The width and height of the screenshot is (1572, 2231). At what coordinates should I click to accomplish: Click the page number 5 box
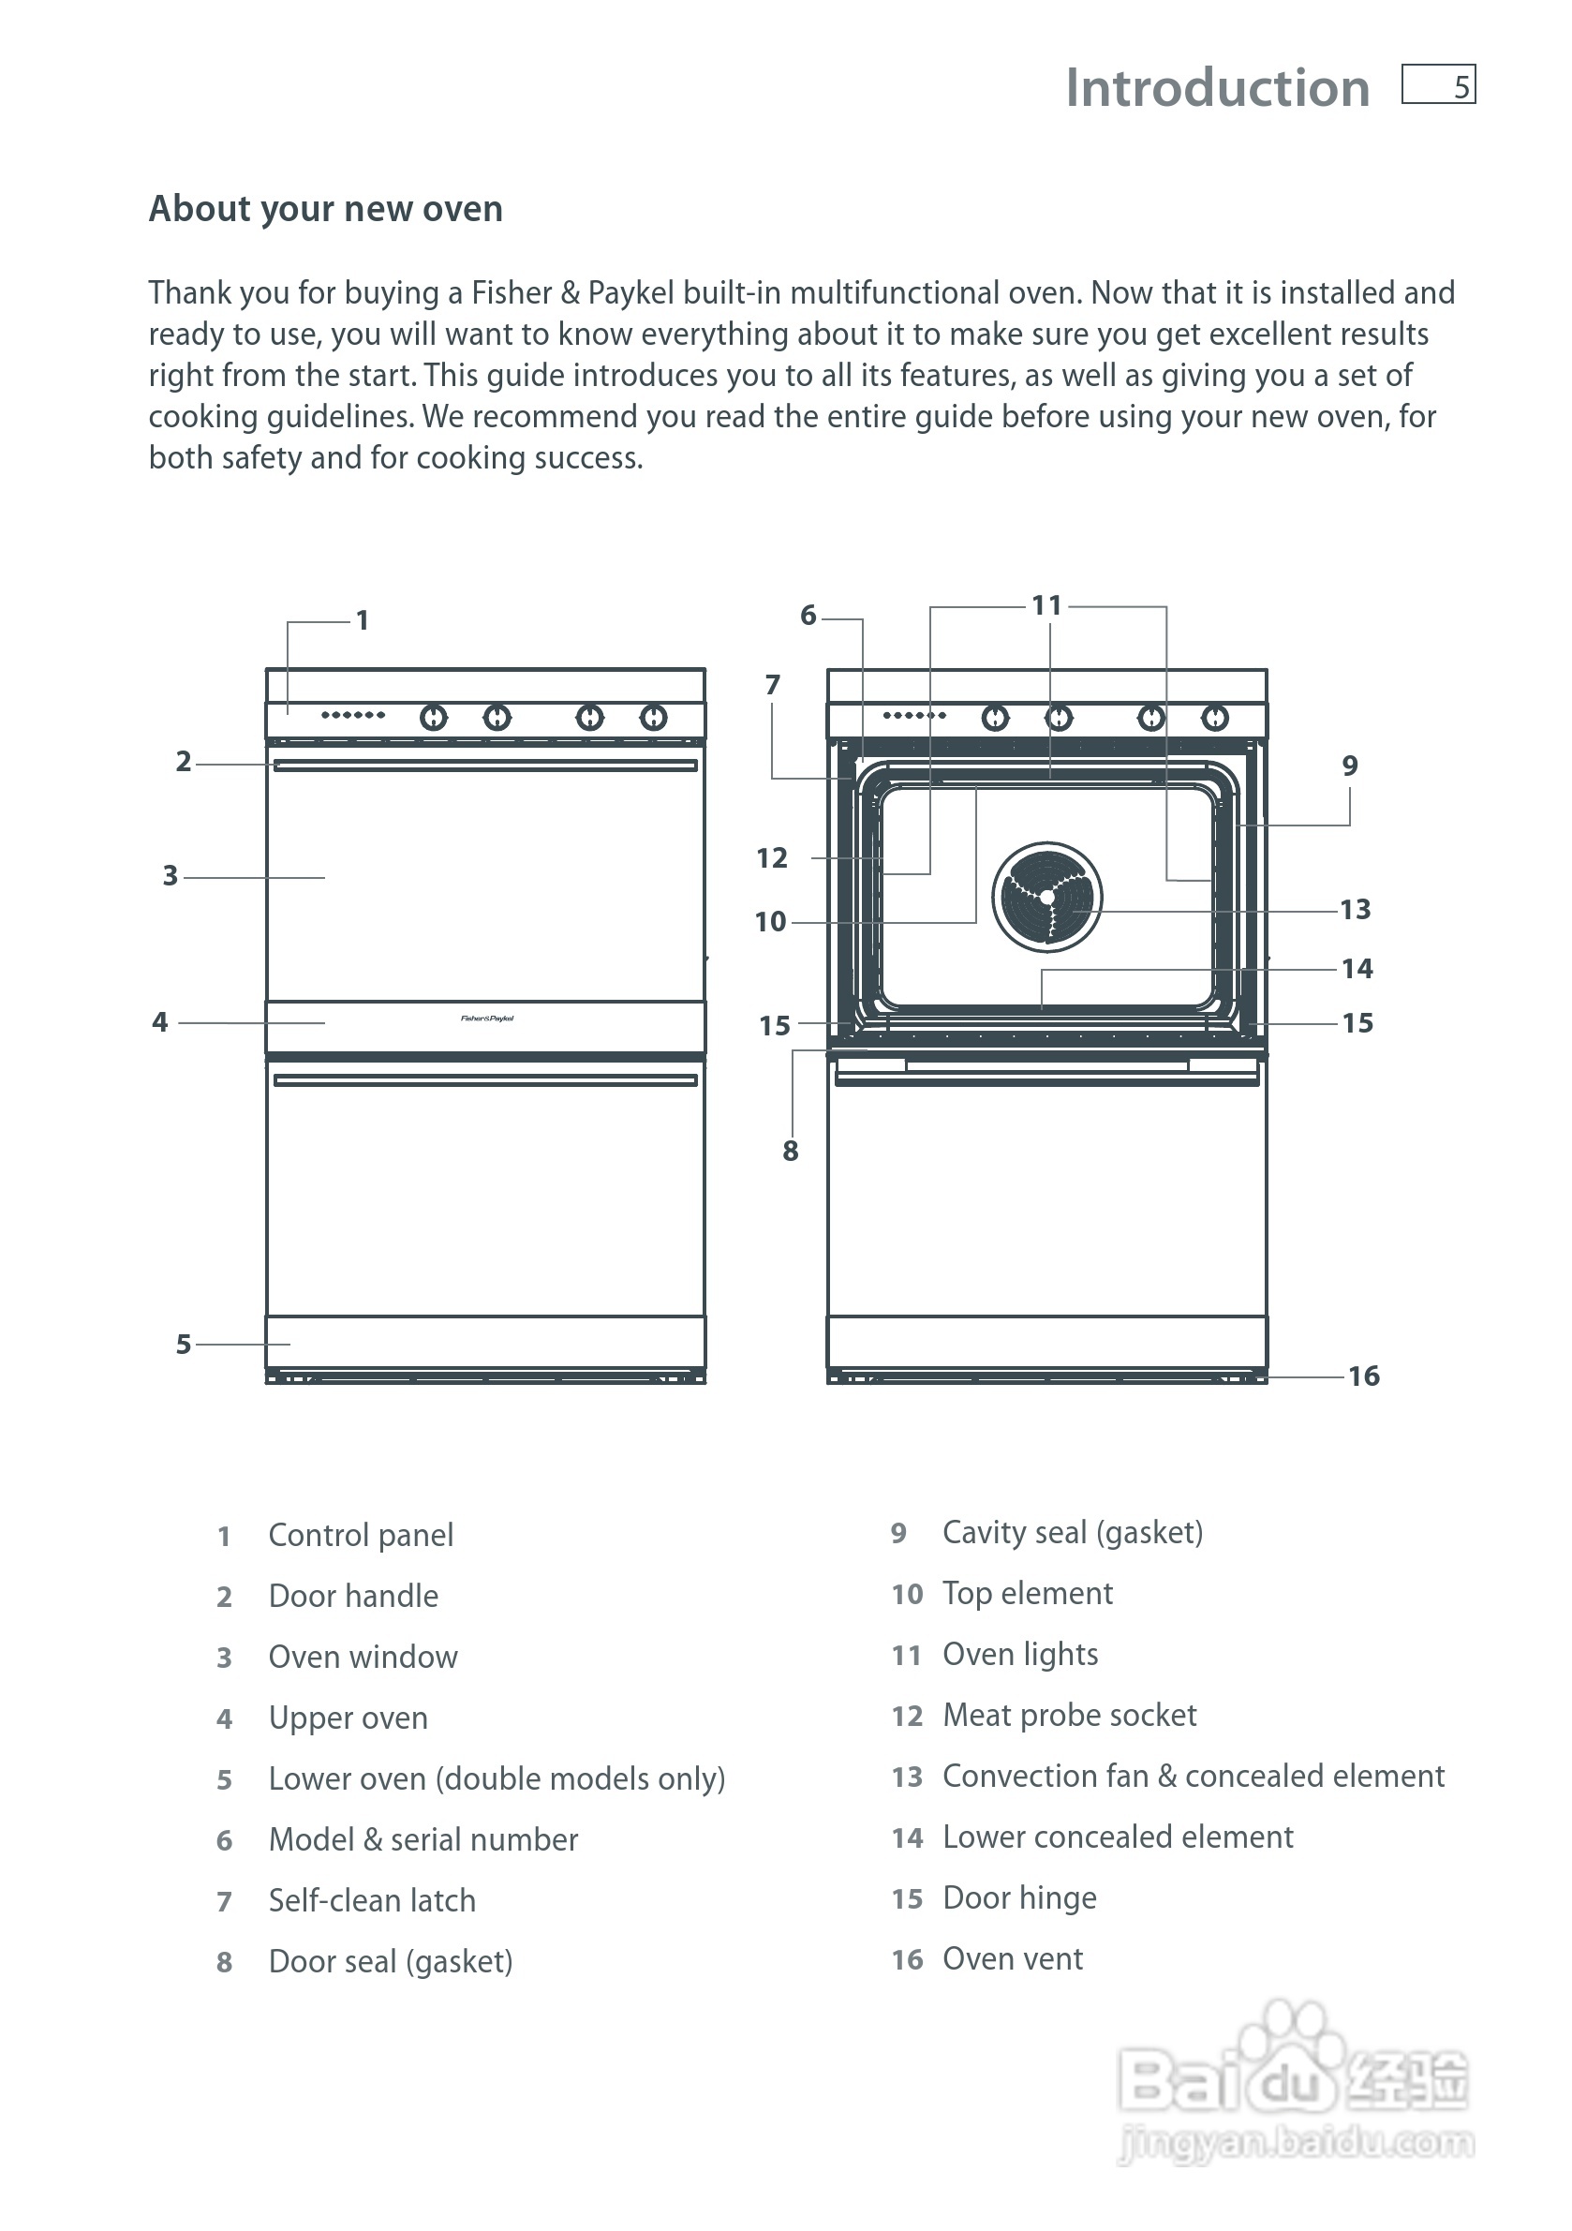[x=1438, y=84]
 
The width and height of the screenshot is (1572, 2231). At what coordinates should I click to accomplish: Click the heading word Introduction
[x=1216, y=88]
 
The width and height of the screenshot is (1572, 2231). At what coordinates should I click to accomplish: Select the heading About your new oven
[x=325, y=209]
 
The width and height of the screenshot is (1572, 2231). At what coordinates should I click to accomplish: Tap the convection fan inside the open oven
[x=1046, y=897]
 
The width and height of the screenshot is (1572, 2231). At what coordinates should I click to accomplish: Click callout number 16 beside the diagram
[x=1363, y=1376]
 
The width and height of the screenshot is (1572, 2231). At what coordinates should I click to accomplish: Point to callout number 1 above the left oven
[x=363, y=620]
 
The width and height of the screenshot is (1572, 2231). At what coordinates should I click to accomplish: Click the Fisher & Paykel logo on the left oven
[x=487, y=1019]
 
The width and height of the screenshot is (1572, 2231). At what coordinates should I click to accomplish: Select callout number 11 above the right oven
[x=1046, y=605]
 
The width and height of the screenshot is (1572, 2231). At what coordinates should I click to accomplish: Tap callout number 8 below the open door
[x=790, y=1151]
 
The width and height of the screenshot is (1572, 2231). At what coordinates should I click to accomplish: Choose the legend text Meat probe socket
[x=1069, y=1715]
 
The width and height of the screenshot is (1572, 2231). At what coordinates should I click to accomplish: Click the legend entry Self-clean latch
[x=372, y=1899]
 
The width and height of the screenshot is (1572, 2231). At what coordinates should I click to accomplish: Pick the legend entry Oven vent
[x=1013, y=1958]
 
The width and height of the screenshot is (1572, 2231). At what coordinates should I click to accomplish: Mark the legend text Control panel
[x=361, y=1535]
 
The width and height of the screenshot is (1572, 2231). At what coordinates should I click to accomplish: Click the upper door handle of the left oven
[x=485, y=766]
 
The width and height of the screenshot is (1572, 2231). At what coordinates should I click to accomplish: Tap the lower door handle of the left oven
[x=485, y=1080]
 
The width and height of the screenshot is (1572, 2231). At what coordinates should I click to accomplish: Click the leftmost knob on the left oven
[x=434, y=718]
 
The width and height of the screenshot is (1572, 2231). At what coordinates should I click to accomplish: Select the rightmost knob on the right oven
[x=1214, y=718]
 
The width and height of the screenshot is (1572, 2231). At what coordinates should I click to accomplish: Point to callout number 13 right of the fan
[x=1356, y=910]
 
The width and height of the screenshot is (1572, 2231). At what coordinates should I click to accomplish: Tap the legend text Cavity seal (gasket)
[x=1073, y=1532]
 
